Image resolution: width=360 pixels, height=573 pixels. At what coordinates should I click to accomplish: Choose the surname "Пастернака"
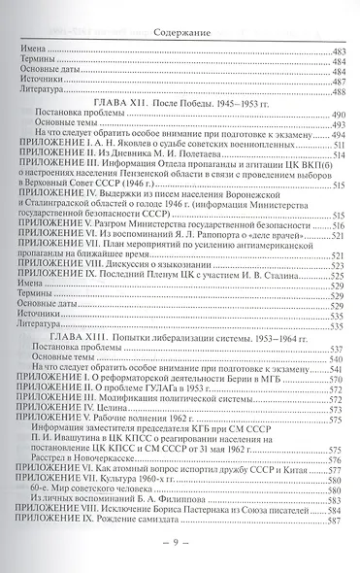tap(212, 524)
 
